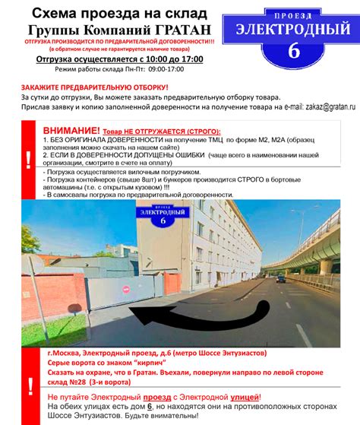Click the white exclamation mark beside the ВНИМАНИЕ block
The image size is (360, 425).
pos(29,160)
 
